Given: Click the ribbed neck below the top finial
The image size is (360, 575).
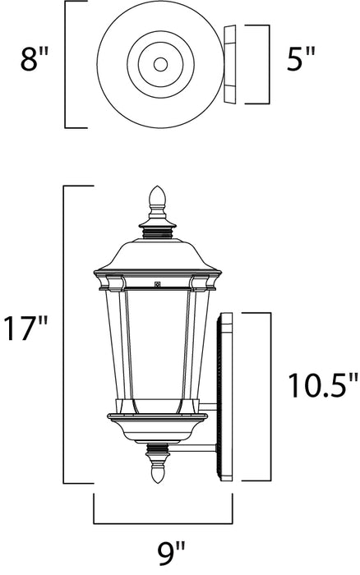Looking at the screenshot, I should tap(157, 232).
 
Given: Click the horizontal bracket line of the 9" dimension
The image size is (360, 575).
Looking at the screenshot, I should tap(163, 523).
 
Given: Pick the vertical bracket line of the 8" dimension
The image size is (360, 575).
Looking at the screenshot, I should tap(66, 64).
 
